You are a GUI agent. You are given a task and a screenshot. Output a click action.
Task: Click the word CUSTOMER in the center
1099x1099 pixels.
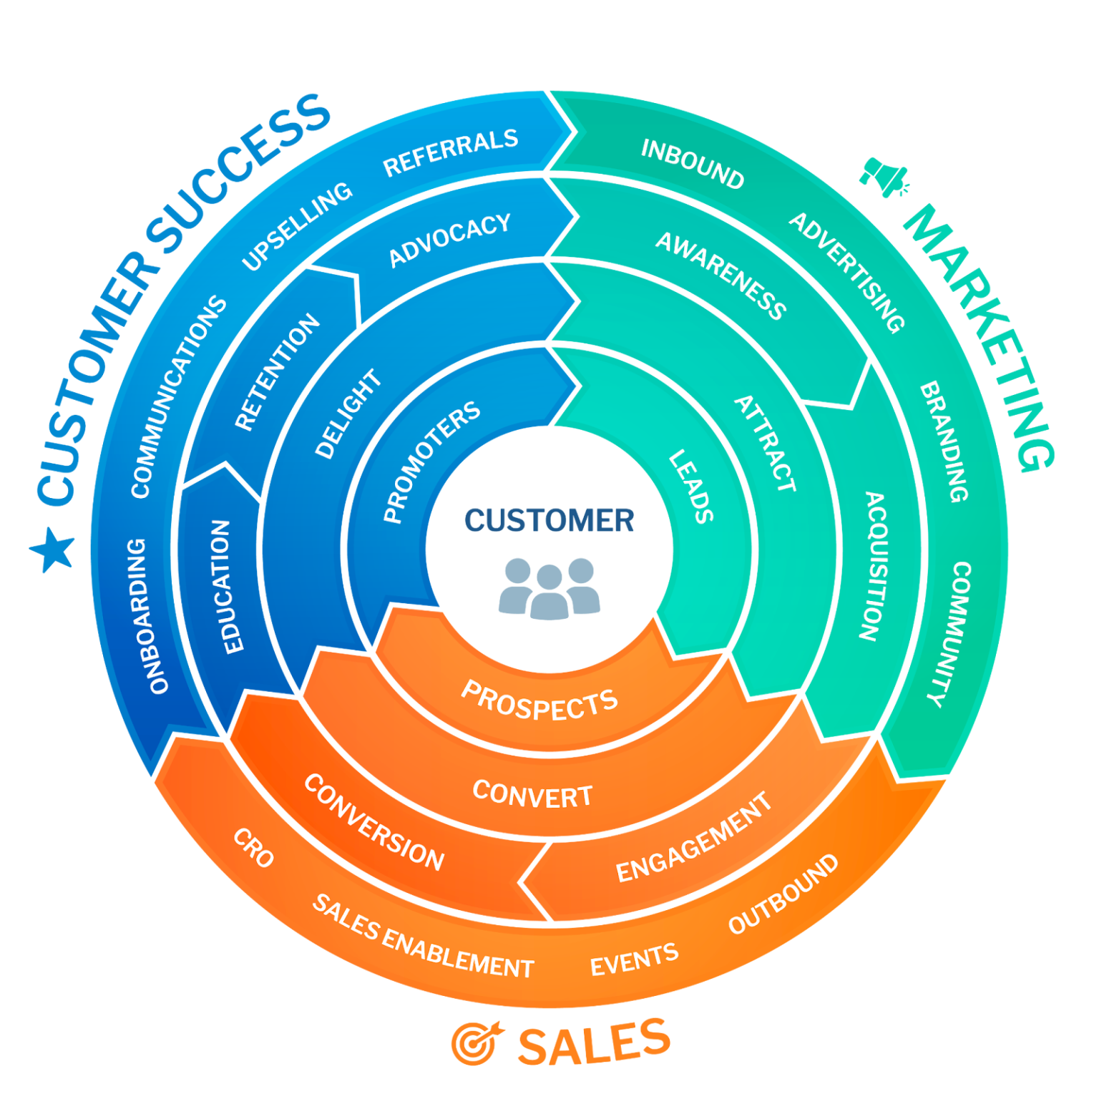pyautogui.click(x=549, y=520)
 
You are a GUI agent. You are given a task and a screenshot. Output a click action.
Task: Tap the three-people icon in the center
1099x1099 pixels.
pyautogui.click(x=549, y=588)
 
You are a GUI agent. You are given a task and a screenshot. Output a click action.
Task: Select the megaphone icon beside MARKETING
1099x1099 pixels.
pyautogui.click(x=884, y=176)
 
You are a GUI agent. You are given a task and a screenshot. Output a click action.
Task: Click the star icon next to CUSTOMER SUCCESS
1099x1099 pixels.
pyautogui.click(x=53, y=549)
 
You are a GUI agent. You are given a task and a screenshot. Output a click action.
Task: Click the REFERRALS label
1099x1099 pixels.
pyautogui.click(x=451, y=152)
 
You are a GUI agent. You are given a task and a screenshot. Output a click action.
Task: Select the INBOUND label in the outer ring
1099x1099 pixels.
pyautogui.click(x=692, y=164)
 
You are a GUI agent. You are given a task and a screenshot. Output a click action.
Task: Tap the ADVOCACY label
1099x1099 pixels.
pyautogui.click(x=449, y=240)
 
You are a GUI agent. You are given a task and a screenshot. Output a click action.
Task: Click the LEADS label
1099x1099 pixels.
pyautogui.click(x=691, y=487)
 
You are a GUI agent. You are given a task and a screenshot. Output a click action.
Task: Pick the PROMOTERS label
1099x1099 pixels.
pyautogui.click(x=431, y=461)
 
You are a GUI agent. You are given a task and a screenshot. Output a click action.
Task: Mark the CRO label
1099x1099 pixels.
pyautogui.click(x=253, y=848)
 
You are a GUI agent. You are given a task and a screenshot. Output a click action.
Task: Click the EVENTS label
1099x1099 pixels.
pyautogui.click(x=634, y=959)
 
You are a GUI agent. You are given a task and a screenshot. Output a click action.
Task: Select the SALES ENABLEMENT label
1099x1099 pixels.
pyautogui.click(x=423, y=937)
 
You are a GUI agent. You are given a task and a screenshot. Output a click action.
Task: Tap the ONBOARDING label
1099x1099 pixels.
pyautogui.click(x=148, y=616)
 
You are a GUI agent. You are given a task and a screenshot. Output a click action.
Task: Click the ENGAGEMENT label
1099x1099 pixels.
pyautogui.click(x=694, y=837)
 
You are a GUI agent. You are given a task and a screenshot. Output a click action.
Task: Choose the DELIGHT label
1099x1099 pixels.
pyautogui.click(x=348, y=414)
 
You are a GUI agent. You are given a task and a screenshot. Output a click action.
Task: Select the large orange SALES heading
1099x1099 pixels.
pyautogui.click(x=593, y=1042)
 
